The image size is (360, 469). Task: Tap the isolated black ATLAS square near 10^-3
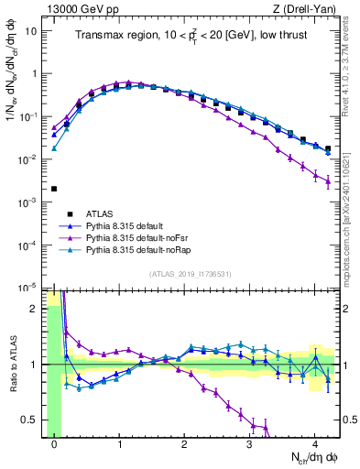click(54, 189)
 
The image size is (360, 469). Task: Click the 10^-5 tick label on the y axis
click(29, 288)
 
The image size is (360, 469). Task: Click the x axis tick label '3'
click(249, 444)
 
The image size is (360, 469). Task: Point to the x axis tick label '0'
click(54, 444)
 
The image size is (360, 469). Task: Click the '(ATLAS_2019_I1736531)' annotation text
click(191, 274)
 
